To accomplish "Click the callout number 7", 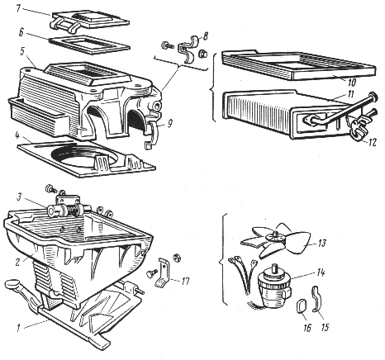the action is point(18,8).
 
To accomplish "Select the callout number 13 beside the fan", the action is point(321,243).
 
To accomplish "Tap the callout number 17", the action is point(185,282).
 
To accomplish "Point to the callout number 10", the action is point(352,82).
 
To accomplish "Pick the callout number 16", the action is point(307,328).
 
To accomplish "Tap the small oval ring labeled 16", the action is point(301,307).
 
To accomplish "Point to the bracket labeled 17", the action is point(164,272).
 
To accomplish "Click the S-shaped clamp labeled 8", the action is point(188,48).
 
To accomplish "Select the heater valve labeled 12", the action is point(359,126).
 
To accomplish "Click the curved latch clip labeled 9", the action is point(151,135).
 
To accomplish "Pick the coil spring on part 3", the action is point(74,211).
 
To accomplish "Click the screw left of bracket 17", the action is point(151,272).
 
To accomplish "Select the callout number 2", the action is point(18,262).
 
